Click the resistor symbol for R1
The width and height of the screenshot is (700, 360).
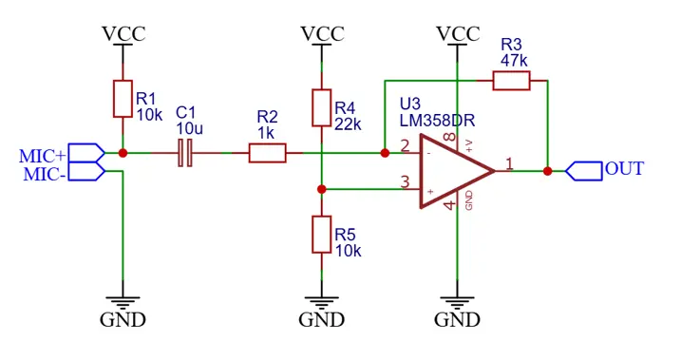(123, 99)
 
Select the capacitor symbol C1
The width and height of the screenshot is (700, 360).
(186, 153)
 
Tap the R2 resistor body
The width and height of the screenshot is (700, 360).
(267, 153)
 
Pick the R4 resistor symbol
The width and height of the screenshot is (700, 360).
(322, 107)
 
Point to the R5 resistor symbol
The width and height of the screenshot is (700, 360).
(322, 235)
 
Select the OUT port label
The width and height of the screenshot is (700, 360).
(624, 169)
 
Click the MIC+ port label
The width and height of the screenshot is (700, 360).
(43, 155)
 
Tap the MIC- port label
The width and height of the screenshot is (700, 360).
(44, 174)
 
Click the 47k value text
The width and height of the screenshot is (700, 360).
(512, 61)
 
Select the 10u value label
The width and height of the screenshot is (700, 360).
(189, 128)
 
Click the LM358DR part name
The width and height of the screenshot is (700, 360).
(437, 121)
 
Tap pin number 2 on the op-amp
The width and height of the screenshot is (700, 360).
(406, 145)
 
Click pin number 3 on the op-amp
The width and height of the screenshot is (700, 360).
(406, 182)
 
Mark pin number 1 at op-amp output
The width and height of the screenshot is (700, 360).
(509, 163)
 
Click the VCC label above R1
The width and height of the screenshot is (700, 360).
(123, 34)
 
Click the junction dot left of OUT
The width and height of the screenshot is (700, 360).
(548, 171)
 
